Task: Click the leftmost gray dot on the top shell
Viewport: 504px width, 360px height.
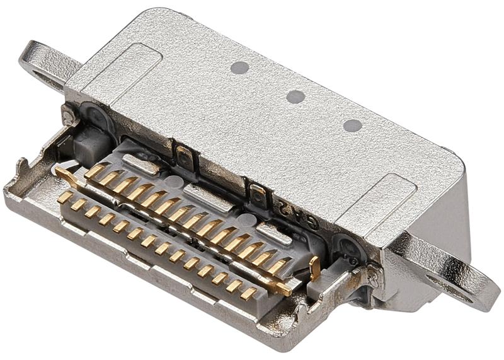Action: coord(238,67)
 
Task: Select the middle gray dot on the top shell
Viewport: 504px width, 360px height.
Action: coord(295,96)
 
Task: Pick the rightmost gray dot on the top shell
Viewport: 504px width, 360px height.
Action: coord(352,125)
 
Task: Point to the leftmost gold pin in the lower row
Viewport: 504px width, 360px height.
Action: coord(64,197)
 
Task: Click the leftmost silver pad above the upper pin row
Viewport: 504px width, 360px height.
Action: coord(140,165)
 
